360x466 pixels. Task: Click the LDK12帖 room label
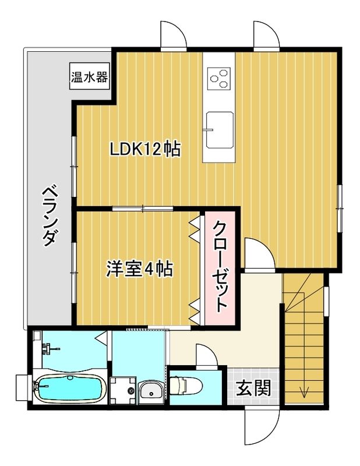(x=145, y=149)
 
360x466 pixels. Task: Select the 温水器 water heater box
(x=90, y=77)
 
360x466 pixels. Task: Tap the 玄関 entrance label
(x=253, y=387)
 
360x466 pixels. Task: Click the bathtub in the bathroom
(x=69, y=389)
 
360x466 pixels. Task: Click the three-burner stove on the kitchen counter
(x=219, y=78)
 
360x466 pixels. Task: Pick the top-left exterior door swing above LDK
(x=174, y=36)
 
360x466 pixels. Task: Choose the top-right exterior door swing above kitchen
(x=267, y=36)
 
